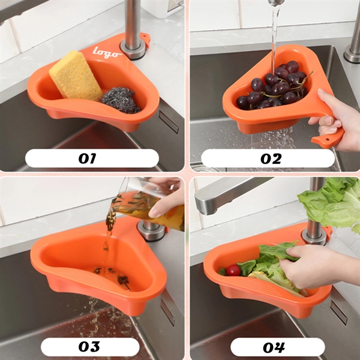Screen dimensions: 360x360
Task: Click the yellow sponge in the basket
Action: (x=76, y=76)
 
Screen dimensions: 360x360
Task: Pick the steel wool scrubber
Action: (x=119, y=100)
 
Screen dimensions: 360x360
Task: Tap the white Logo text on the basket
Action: (x=109, y=52)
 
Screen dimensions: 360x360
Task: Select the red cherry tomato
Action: (x=233, y=271)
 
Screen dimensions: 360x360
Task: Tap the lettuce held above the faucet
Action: (x=330, y=204)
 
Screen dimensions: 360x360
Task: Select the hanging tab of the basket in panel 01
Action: (x=144, y=40)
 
